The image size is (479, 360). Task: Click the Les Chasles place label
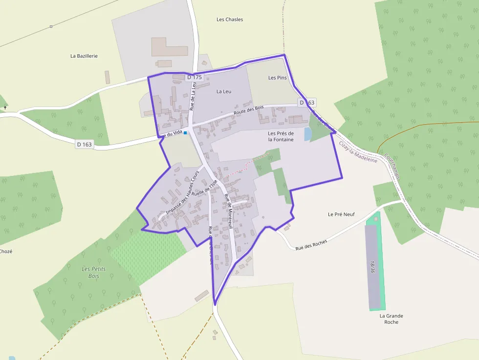229,20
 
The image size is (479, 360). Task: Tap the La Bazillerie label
84,56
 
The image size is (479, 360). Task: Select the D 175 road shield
194,77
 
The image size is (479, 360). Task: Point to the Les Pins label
278,78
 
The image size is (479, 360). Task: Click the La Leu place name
224,91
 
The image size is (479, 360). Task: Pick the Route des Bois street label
248,110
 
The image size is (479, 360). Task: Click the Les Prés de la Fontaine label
281,136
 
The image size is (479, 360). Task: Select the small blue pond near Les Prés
307,134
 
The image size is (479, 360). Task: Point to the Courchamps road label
392,167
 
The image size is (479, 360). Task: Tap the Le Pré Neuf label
341,214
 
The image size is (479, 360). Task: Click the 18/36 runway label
372,267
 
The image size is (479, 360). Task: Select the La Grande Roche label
391,318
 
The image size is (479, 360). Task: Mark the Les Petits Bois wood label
93,273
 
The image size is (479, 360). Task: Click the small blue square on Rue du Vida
185,133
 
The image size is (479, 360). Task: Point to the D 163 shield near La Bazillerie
84,144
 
